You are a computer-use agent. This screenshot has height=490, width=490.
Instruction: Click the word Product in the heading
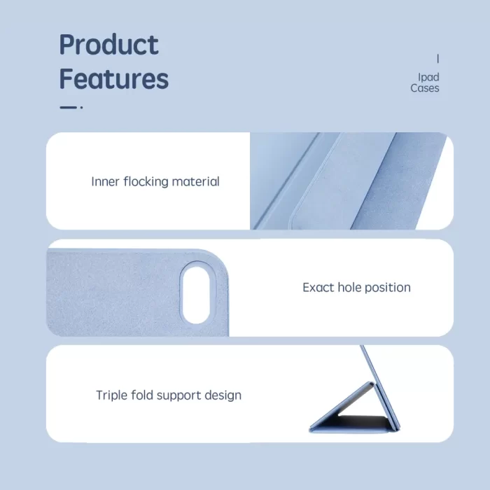(108, 45)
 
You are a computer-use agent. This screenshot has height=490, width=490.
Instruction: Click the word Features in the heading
(113, 78)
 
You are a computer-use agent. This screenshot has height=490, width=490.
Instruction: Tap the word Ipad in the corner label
(428, 78)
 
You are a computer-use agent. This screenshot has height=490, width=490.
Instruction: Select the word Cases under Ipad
(425, 88)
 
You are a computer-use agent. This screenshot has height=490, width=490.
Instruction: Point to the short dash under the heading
(68, 108)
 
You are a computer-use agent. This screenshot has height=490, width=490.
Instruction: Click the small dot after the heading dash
(82, 108)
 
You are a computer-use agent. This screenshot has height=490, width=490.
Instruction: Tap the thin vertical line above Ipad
(437, 58)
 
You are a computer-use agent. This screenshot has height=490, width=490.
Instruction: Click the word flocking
(146, 181)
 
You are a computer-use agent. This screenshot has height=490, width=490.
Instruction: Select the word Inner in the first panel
(105, 181)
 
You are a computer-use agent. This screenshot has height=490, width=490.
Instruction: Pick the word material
(195, 181)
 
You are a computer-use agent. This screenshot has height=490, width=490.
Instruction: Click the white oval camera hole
(196, 295)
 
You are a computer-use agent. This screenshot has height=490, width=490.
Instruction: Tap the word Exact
(318, 288)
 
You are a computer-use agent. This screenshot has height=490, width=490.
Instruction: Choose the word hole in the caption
(349, 288)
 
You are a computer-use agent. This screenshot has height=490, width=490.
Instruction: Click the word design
(223, 395)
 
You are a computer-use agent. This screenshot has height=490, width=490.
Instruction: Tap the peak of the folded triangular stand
(371, 383)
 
